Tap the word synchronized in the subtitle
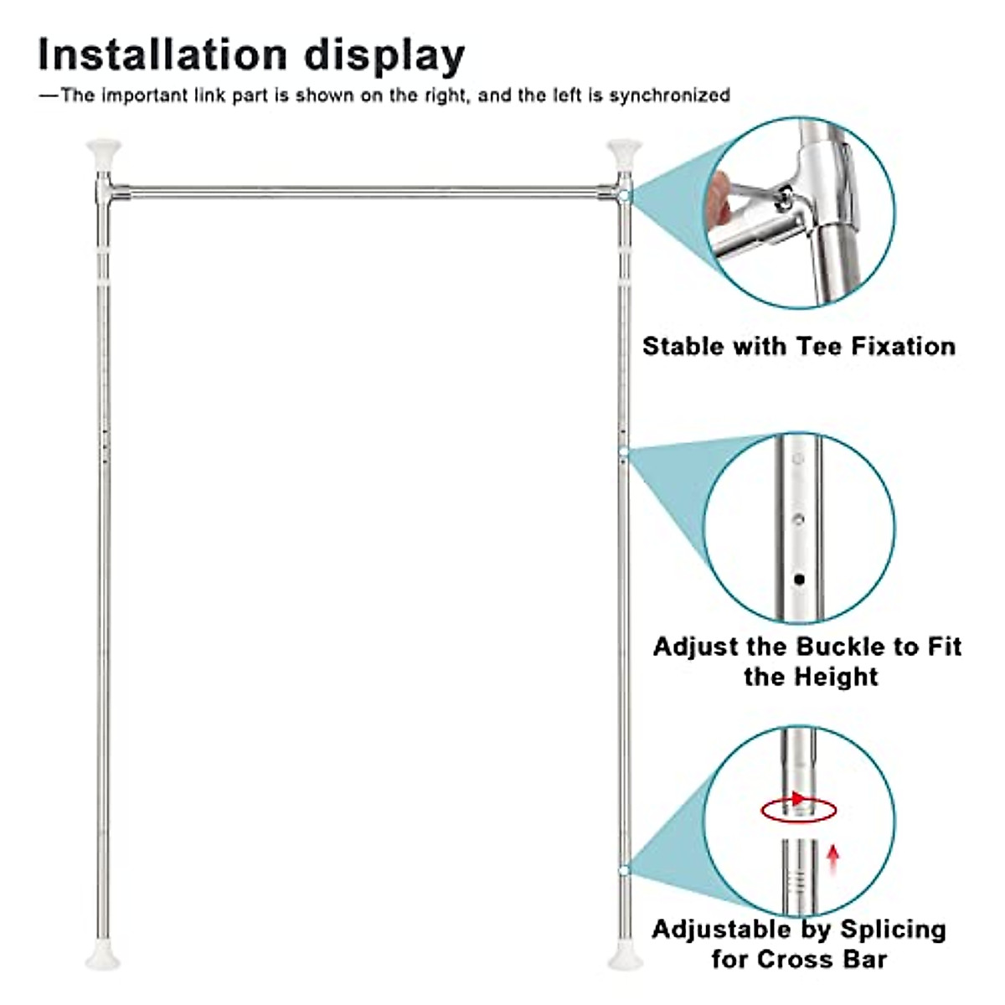click(670, 95)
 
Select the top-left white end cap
click(104, 152)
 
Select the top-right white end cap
click(623, 152)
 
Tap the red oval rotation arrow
click(798, 809)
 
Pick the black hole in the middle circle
click(799, 579)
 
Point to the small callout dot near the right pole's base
click(624, 871)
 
